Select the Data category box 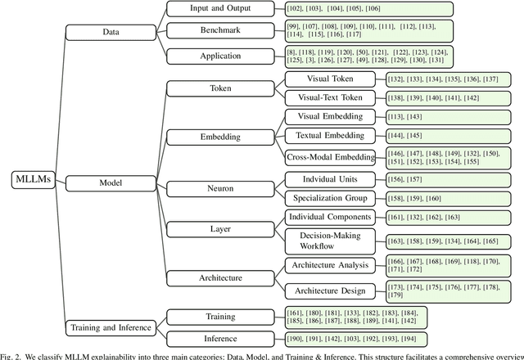click(x=110, y=32)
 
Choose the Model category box click(x=110, y=183)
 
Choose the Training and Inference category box click(x=110, y=327)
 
